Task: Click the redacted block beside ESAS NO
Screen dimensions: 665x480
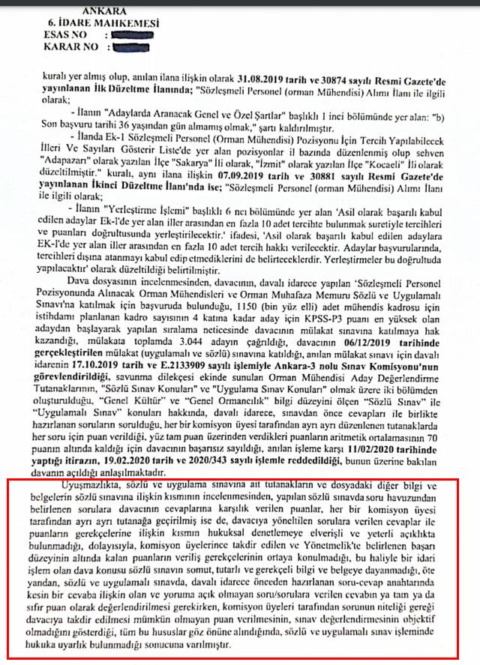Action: (130, 34)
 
